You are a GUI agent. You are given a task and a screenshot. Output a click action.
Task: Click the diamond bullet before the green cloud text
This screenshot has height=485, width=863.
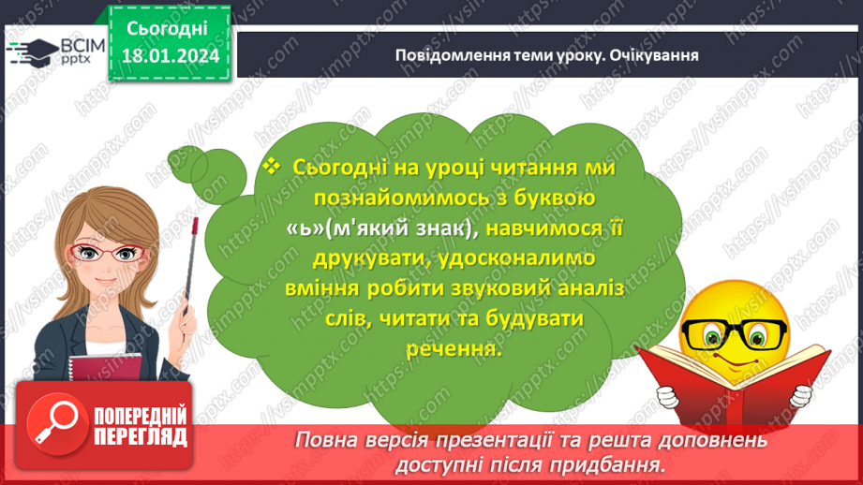point(273,166)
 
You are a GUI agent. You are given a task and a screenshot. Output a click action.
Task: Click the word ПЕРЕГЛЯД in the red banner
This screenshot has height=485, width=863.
point(141,436)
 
